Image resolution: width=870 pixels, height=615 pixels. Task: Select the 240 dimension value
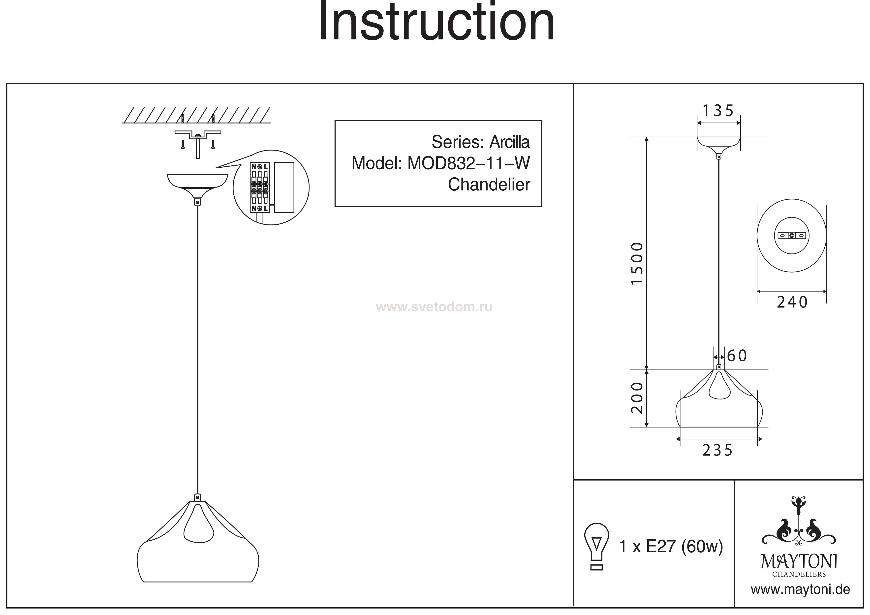(x=792, y=302)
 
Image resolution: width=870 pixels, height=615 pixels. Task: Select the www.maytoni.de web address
(x=800, y=590)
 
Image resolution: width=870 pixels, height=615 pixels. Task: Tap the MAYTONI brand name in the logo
(x=799, y=562)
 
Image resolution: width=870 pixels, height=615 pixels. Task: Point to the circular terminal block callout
(x=271, y=187)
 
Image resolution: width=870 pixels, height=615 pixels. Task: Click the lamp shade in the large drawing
(x=198, y=550)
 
